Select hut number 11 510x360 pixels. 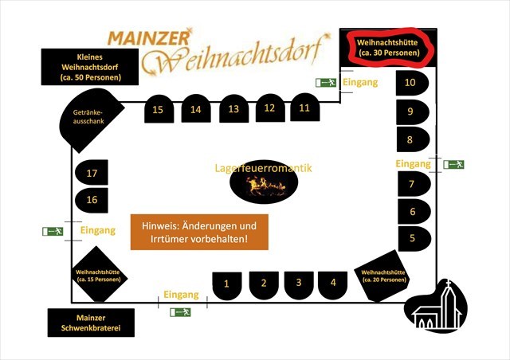click(304, 108)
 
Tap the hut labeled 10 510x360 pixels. click(412, 83)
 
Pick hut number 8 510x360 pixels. click(412, 139)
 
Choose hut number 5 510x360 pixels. click(413, 237)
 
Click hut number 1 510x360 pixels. click(227, 284)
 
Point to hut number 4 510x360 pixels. click(333, 283)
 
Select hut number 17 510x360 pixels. click(92, 173)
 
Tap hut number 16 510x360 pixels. click(92, 199)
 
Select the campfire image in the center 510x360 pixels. click(264, 186)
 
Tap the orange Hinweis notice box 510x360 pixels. click(199, 231)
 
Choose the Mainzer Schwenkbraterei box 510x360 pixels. click(89, 323)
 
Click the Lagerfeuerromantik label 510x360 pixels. click(263, 168)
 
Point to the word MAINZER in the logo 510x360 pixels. click(148, 37)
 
